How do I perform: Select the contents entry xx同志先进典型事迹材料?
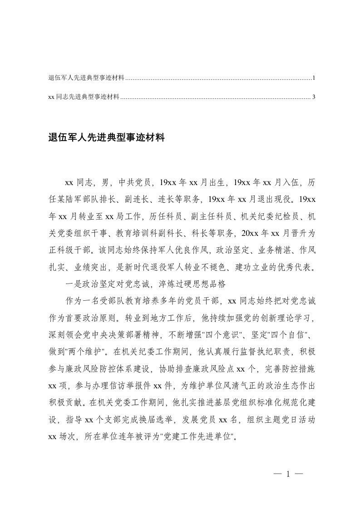click(84, 97)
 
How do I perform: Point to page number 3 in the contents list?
click(314, 97)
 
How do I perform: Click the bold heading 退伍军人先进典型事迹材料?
click(106, 137)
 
